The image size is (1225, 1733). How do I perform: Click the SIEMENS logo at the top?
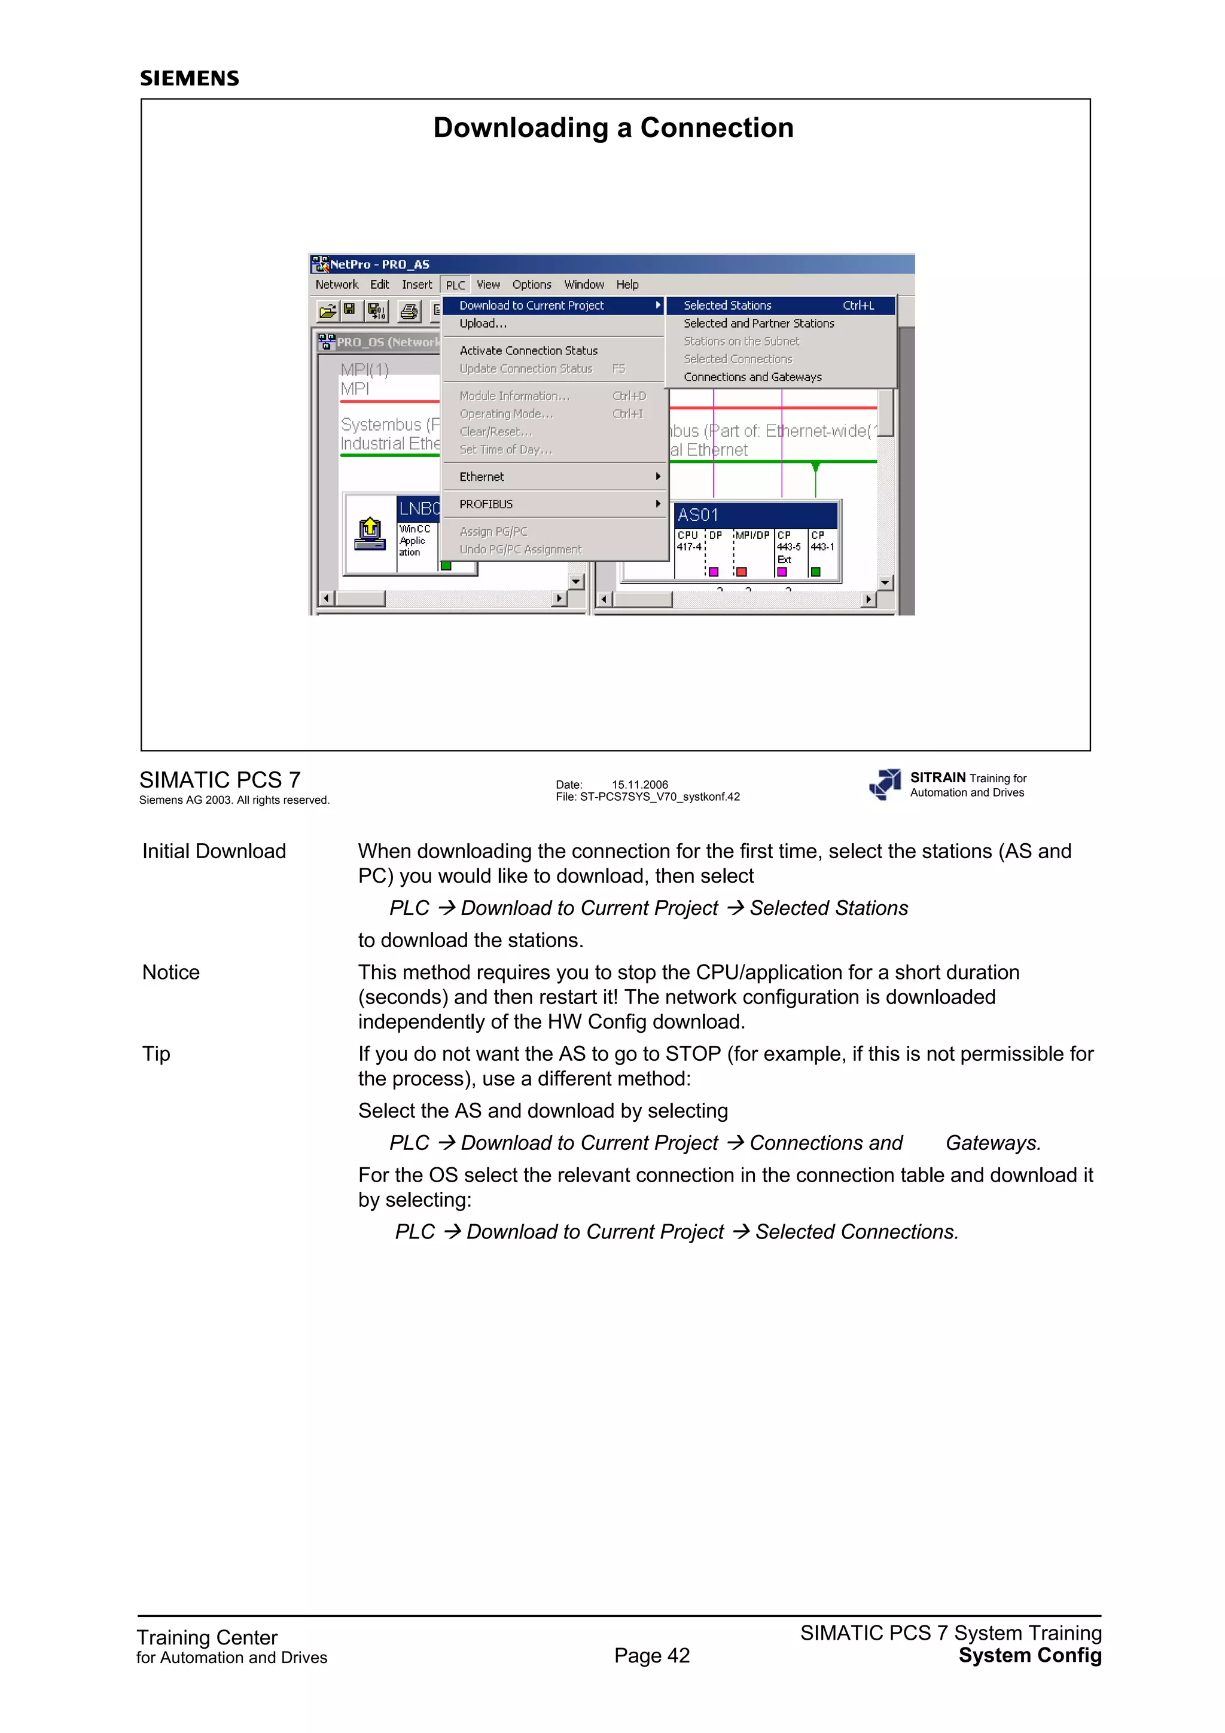(x=190, y=78)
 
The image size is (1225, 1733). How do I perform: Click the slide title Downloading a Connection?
(x=613, y=127)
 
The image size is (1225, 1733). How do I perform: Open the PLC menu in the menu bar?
(x=455, y=285)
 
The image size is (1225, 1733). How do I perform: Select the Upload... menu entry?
(x=483, y=324)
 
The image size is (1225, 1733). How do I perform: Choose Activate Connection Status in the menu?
(x=528, y=351)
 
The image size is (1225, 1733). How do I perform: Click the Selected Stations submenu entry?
(x=727, y=306)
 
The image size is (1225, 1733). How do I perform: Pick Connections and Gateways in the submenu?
(x=752, y=377)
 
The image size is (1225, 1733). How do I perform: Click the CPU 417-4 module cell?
(x=688, y=541)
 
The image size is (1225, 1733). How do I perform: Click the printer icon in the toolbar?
(x=409, y=311)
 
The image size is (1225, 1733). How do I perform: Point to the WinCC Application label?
(x=415, y=541)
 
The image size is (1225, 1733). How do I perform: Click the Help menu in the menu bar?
(x=627, y=285)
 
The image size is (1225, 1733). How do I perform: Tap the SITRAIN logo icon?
(x=885, y=784)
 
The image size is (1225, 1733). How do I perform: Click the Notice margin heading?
(x=171, y=972)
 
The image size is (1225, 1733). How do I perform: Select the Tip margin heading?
(x=156, y=1054)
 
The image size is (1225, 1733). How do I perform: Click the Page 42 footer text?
(x=652, y=1656)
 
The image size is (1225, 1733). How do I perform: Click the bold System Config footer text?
(x=1029, y=1656)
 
